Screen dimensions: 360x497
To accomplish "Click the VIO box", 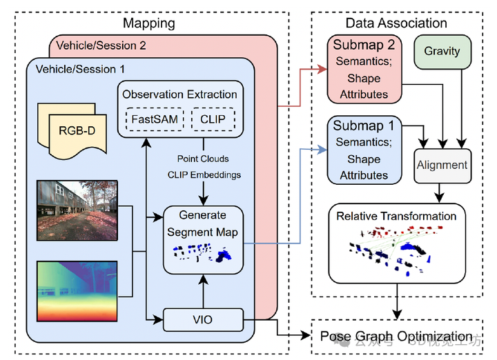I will point(204,319).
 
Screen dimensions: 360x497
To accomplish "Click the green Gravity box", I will point(442,52).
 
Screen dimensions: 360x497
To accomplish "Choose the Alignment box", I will point(442,166).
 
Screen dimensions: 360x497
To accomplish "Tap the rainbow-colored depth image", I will point(77,290).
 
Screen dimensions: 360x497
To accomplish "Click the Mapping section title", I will point(148,23).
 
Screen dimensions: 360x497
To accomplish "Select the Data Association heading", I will point(396,23).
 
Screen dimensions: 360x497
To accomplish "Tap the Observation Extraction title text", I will point(179,94).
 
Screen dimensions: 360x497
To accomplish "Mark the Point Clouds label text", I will point(202,159).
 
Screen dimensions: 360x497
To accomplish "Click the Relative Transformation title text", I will point(396,216).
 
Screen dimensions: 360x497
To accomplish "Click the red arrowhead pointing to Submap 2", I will point(323,69).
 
